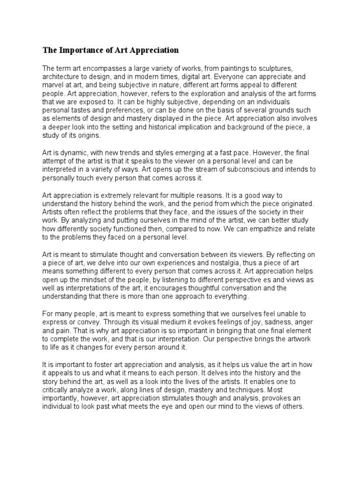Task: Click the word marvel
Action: point(53,85)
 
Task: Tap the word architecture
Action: point(62,77)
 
